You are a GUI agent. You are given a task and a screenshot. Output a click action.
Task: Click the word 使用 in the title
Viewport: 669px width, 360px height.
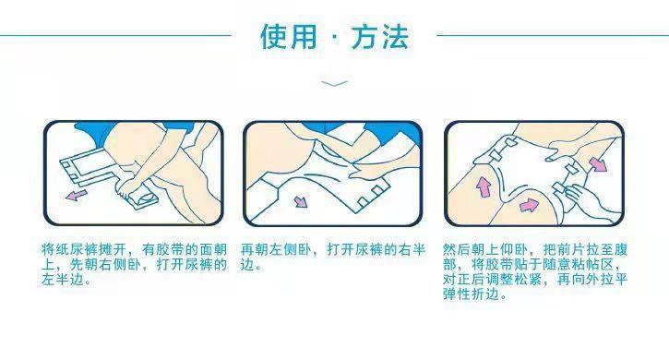tap(289, 36)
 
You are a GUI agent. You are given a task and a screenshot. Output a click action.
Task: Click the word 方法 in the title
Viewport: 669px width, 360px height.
tap(380, 36)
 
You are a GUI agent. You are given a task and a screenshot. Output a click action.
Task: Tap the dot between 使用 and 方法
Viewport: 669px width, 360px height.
tap(334, 37)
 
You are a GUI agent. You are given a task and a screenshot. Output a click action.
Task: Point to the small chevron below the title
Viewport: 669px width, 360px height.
tap(334, 83)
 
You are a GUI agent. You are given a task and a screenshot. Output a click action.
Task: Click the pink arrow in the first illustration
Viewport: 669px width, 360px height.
tap(77, 195)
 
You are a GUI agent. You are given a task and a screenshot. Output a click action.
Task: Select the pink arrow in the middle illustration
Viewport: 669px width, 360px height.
tap(301, 200)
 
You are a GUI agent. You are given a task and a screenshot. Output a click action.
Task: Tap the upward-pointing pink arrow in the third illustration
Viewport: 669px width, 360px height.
tap(483, 187)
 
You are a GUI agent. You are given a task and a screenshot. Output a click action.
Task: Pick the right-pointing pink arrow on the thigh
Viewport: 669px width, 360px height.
tap(529, 206)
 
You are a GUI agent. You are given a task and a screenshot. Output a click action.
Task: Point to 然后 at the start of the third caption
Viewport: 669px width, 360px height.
tap(457, 249)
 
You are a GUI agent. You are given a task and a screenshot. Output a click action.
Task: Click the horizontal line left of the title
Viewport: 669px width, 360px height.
tap(115, 35)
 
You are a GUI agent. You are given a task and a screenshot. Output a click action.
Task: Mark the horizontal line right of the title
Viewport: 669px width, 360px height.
tap(553, 35)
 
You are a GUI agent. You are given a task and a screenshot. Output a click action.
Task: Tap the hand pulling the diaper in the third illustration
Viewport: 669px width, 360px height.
tap(587, 200)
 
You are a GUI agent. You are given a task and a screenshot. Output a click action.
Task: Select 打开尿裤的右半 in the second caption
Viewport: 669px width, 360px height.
tap(376, 249)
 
